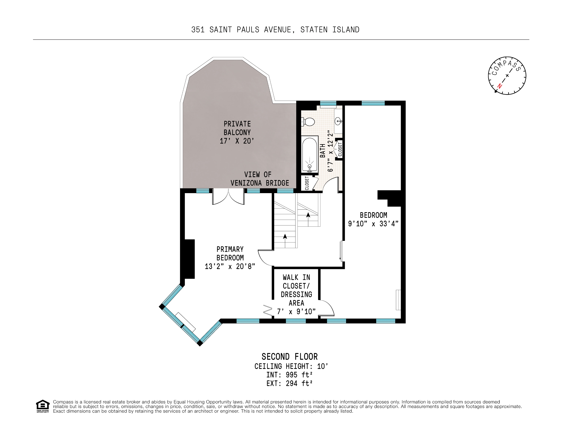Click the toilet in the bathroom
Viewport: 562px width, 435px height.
tap(308, 122)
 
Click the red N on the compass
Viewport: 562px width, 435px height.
tap(499, 86)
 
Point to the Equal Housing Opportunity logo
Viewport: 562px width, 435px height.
tap(42, 406)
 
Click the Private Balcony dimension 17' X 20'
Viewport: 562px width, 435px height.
tap(237, 141)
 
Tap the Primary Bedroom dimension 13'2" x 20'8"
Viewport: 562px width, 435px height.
tap(230, 266)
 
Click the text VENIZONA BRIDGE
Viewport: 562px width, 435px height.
tap(260, 183)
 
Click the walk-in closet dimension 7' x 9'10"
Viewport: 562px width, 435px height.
tap(296, 312)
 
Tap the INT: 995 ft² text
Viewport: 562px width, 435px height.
tap(289, 375)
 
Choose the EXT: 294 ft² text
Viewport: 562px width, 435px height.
tap(289, 383)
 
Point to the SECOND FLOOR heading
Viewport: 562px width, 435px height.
tap(289, 356)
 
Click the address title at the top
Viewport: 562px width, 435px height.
tap(275, 30)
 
